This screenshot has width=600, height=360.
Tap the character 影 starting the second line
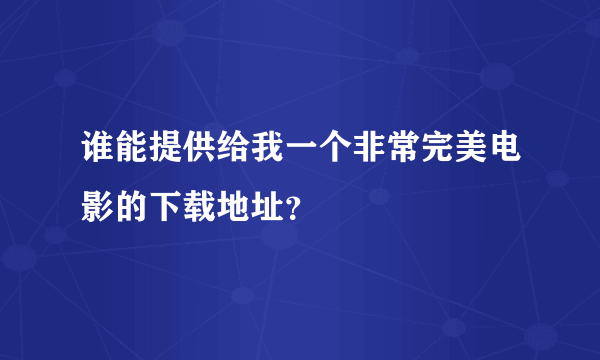[x=100, y=207]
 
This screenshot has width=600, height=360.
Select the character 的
[x=133, y=207]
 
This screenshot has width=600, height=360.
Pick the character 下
[x=166, y=207]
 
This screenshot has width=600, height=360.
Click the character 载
[x=200, y=207]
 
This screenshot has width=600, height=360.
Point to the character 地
[x=233, y=207]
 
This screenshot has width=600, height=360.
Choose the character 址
[x=266, y=207]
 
